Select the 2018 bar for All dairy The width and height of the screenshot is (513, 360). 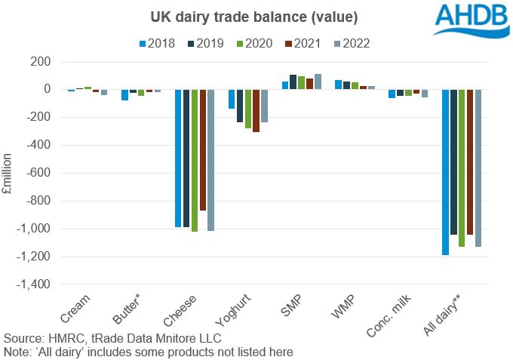point(445,172)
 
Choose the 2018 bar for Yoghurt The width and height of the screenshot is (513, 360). point(232,99)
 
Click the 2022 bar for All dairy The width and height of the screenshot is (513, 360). point(478,168)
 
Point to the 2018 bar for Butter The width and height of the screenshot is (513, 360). point(124,94)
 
